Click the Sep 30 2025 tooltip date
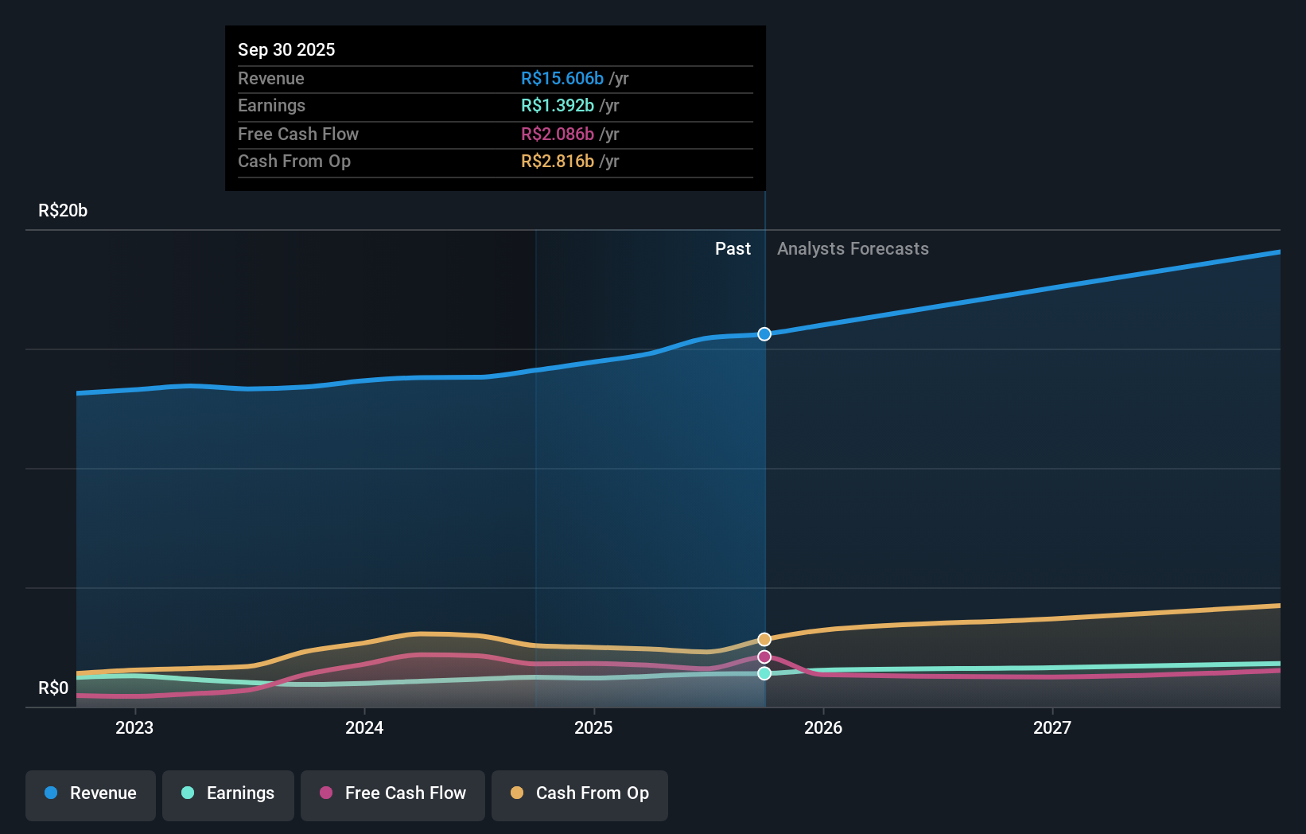[286, 49]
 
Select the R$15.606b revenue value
[562, 78]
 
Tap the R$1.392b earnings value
[557, 105]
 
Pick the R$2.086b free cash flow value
[557, 134]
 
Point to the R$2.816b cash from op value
[557, 161]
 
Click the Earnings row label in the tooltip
[271, 105]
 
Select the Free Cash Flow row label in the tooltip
[298, 134]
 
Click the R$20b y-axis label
[63, 210]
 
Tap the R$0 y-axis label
[53, 688]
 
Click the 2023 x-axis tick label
[134, 727]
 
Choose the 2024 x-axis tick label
[364, 727]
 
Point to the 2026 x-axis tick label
[823, 727]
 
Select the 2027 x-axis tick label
[1052, 727]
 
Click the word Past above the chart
[733, 248]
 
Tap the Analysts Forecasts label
[853, 248]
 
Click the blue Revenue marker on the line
[764, 334]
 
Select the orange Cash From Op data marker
[764, 640]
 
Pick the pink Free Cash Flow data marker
[764, 657]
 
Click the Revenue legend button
[91, 793]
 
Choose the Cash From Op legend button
[580, 793]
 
